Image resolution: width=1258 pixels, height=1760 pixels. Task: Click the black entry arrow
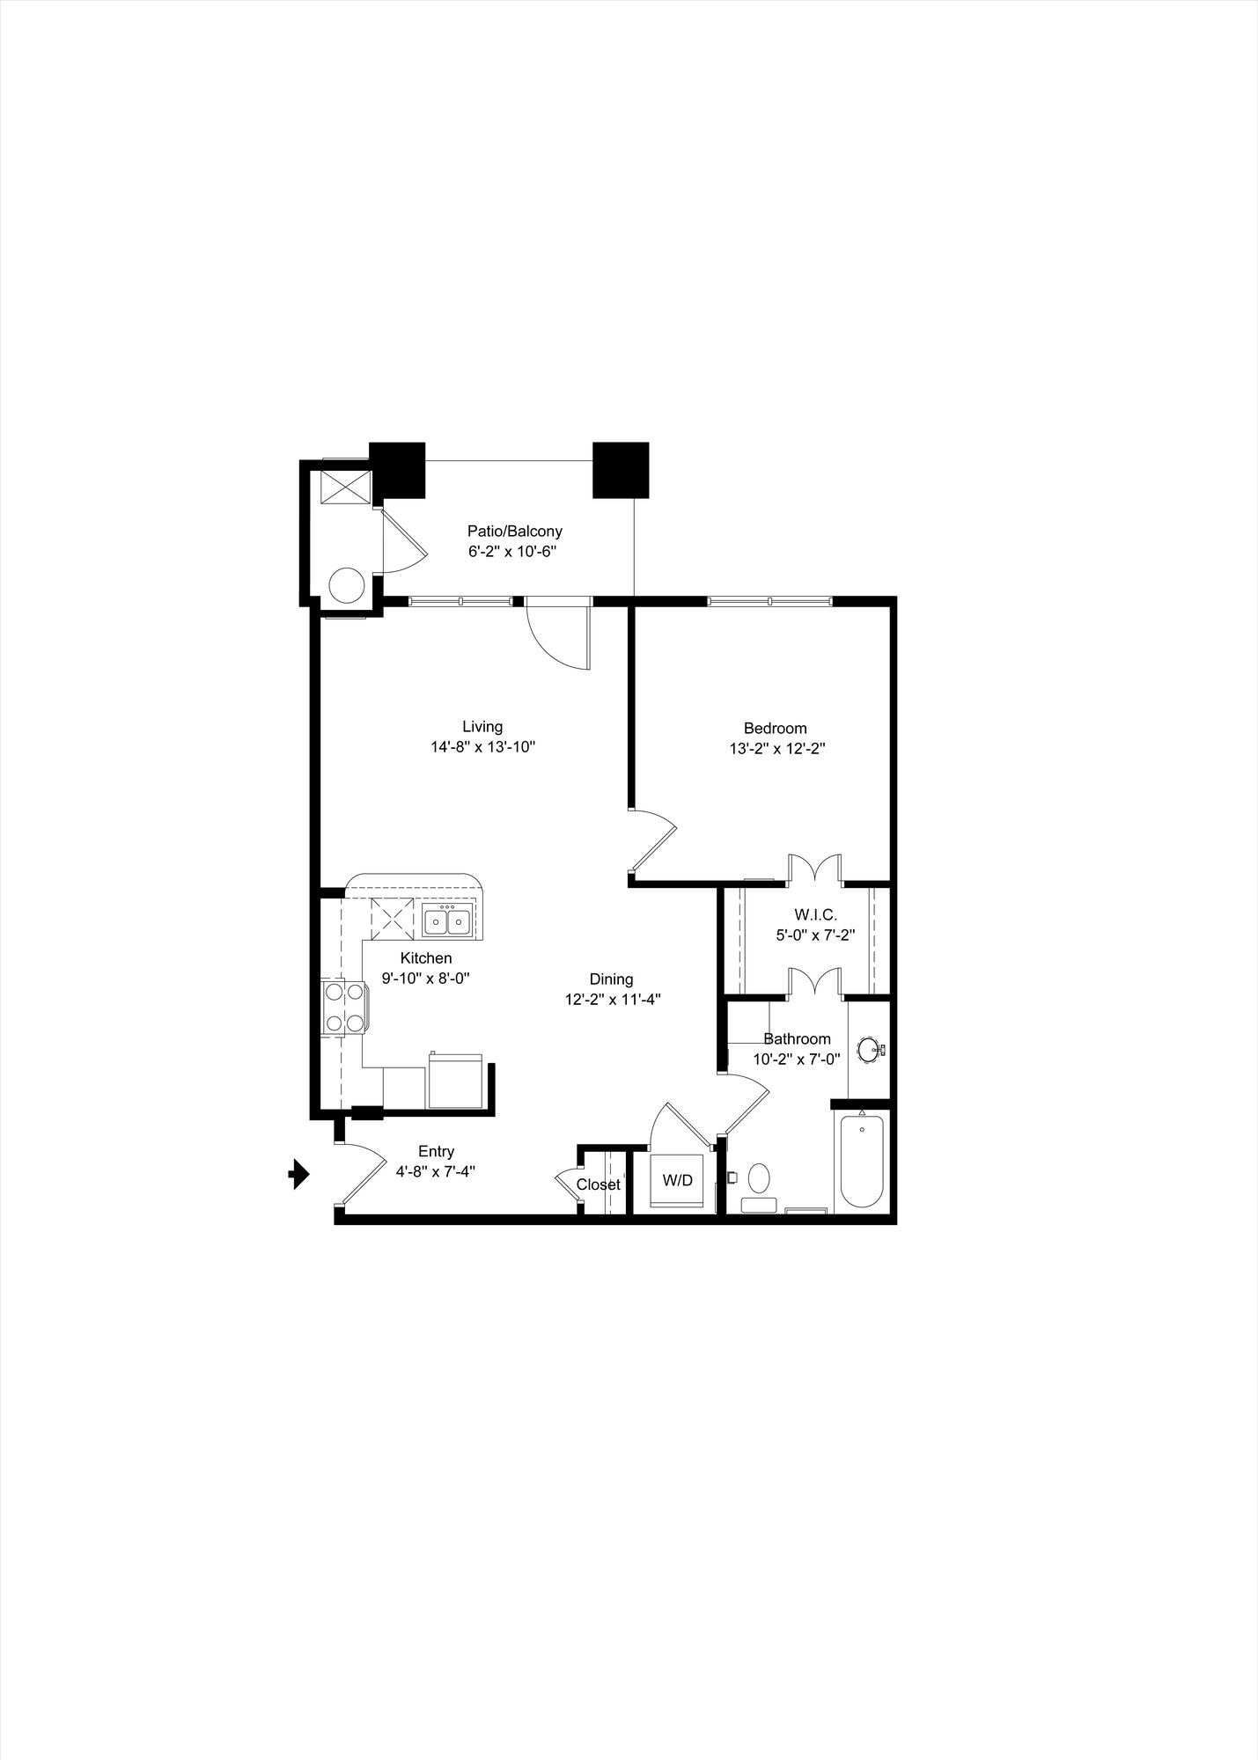pos(300,1174)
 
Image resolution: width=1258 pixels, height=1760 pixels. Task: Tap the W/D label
pos(677,1180)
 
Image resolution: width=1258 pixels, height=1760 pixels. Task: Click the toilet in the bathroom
pos(758,1187)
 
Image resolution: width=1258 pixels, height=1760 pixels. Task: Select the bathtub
pos(861,1161)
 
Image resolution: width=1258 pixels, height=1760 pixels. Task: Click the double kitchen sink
pos(446,920)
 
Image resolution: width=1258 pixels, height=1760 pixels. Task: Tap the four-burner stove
pos(343,1007)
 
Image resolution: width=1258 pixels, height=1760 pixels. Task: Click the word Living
pos(482,726)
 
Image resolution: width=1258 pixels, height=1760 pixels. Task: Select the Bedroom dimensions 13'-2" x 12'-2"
pos(776,749)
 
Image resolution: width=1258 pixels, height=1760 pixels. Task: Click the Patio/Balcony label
pos(514,532)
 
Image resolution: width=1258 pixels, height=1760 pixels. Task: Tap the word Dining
pos(612,979)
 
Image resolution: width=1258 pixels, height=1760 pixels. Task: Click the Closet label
pos(599,1184)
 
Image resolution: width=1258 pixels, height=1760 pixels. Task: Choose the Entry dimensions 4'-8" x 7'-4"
pos(437,1171)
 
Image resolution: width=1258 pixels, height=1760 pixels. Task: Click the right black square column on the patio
pos(621,469)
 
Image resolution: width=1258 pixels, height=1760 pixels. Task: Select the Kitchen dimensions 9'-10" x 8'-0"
pos(426,978)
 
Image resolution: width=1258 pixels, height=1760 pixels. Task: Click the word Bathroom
pos(797,1039)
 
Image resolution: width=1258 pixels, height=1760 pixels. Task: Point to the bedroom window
pos(769,602)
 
